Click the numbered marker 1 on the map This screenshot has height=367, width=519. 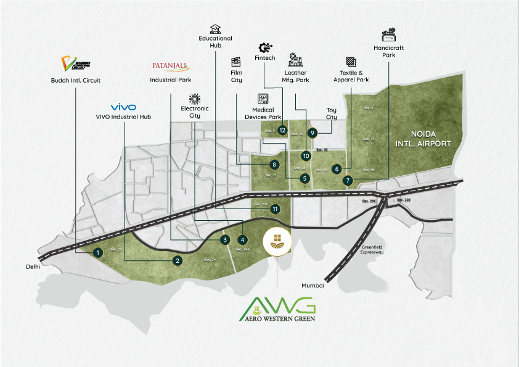(97, 252)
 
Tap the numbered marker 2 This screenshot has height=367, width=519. (177, 261)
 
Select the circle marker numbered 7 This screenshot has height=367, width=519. (348, 180)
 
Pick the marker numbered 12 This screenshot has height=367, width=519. (282, 130)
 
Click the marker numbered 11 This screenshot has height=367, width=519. (275, 208)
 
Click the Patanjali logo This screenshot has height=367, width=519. (170, 65)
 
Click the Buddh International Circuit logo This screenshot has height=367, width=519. (75, 64)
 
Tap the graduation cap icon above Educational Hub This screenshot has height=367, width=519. (215, 28)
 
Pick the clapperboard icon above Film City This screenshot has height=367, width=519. (235, 62)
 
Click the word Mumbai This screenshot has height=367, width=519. (313, 285)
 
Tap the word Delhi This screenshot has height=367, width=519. (33, 267)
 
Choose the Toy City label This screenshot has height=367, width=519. (332, 114)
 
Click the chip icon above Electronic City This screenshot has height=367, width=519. (195, 99)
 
